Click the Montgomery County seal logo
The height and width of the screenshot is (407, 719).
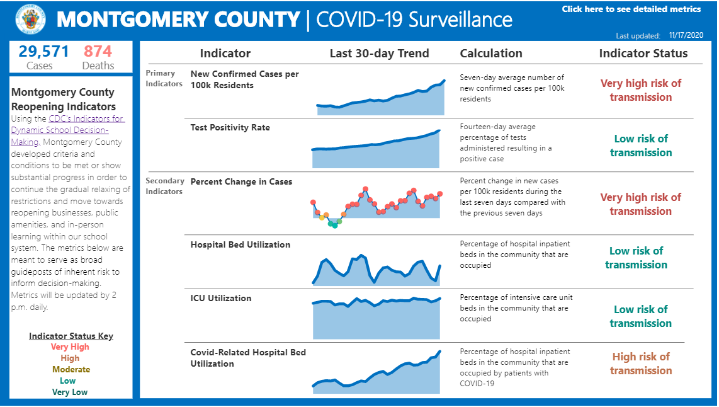[x=30, y=20]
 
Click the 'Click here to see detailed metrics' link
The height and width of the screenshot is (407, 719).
[x=631, y=9]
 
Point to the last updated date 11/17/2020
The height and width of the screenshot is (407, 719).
[x=686, y=36]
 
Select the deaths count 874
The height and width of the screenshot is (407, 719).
[x=98, y=51]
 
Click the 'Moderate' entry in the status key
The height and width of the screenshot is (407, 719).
[x=71, y=369]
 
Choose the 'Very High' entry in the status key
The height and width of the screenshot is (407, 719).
[x=70, y=347]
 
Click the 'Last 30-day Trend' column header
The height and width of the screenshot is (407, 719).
[x=379, y=54]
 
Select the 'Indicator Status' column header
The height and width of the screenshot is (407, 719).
[x=643, y=54]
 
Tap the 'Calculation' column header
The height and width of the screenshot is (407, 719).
[x=491, y=54]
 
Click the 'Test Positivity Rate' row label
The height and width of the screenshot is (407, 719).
[x=230, y=127]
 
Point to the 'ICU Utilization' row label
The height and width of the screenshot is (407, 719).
[x=220, y=298]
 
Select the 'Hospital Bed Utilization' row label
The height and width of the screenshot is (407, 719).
[x=240, y=244]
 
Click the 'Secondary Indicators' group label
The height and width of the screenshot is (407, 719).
[x=165, y=186]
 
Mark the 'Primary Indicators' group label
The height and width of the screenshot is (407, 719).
[x=164, y=78]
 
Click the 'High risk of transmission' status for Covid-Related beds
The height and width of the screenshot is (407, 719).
[x=640, y=364]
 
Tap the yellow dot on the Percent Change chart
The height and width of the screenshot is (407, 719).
[x=322, y=218]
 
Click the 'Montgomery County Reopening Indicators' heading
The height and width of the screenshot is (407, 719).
[x=63, y=100]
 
